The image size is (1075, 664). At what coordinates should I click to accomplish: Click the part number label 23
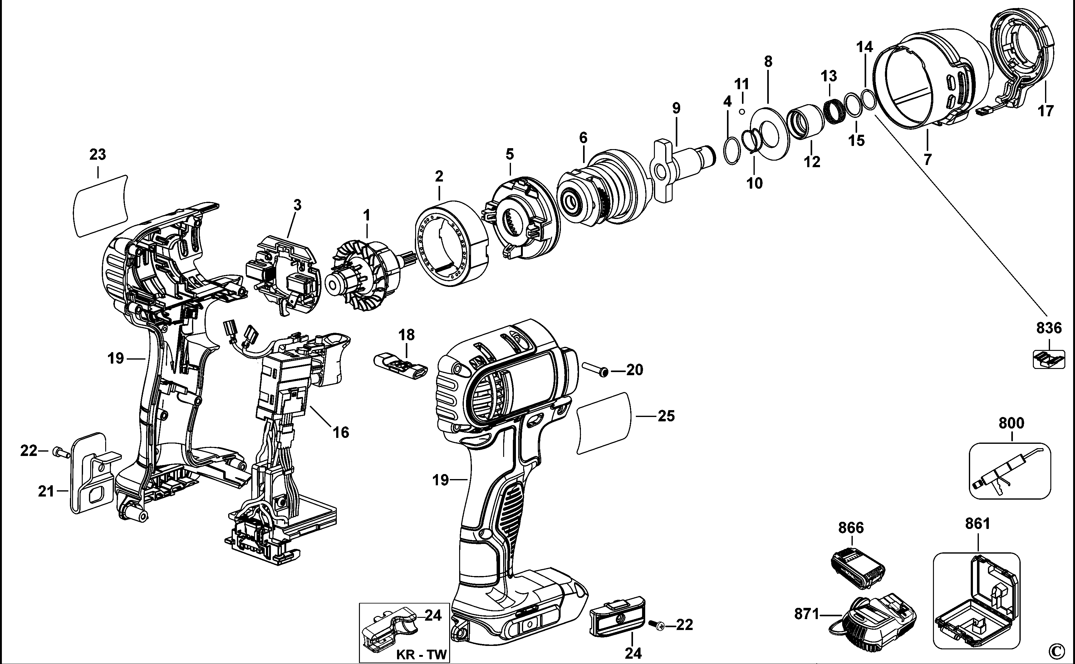[x=98, y=155]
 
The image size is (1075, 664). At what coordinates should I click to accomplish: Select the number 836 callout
[x=1049, y=328]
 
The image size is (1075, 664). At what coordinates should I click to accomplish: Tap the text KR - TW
[x=421, y=654]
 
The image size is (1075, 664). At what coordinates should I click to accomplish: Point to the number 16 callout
[x=341, y=433]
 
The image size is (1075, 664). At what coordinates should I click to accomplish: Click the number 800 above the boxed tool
[x=1011, y=423]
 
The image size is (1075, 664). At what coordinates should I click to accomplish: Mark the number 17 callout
[x=1046, y=111]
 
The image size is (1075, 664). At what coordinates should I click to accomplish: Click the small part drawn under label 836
[x=1048, y=359]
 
